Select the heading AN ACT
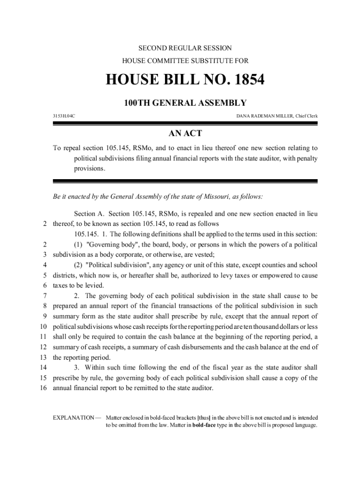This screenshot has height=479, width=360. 185,134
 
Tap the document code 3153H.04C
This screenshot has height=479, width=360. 64,116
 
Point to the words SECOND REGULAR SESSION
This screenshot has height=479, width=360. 185,48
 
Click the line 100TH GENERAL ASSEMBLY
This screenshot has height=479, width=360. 185,103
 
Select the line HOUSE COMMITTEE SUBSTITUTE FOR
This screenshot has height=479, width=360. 185,60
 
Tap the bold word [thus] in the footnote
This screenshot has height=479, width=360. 204,417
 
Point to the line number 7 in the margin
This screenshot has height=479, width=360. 45,296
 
